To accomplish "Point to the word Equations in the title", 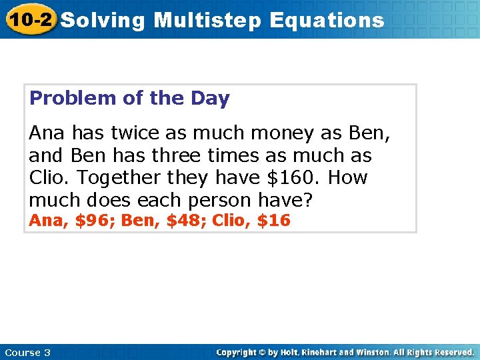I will click(x=327, y=20).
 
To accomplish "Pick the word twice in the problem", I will click(x=132, y=133).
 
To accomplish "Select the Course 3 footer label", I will click(x=27, y=352).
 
